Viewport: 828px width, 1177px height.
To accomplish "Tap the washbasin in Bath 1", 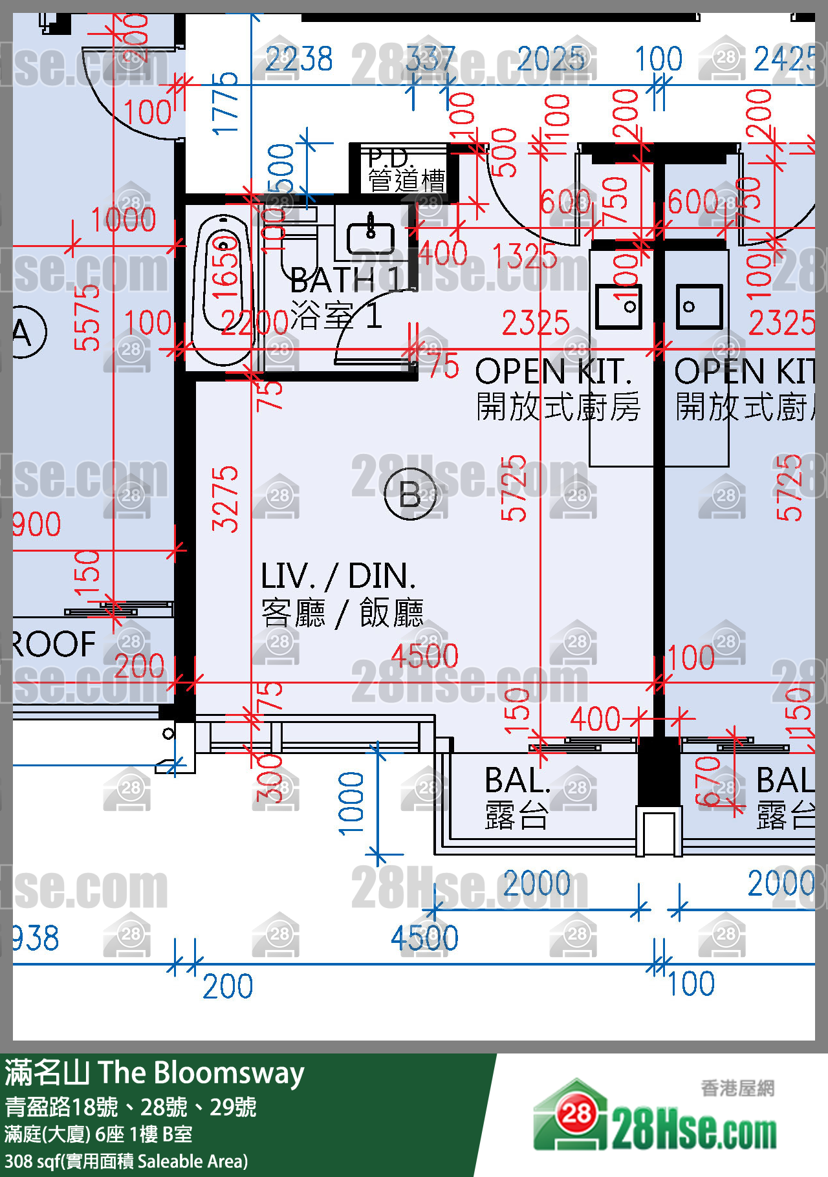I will (371, 237).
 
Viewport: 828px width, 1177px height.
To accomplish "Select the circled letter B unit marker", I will (410, 495).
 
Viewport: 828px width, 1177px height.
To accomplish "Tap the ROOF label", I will (54, 644).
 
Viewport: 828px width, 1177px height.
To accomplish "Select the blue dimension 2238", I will (299, 59).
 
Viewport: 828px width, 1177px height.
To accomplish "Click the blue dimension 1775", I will (225, 103).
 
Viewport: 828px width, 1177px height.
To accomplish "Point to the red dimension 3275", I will (225, 498).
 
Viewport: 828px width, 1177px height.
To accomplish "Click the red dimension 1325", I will (525, 257).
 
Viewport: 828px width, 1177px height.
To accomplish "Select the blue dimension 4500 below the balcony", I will (424, 938).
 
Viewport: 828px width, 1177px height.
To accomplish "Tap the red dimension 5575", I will (87, 317).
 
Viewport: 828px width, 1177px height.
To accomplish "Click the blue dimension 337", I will (431, 59).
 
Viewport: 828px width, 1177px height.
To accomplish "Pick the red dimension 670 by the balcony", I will (708, 781).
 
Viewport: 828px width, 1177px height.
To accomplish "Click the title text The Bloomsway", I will (201, 1073).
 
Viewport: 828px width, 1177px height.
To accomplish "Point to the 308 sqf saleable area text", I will (126, 1161).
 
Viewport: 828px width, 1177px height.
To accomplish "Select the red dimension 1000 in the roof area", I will (124, 220).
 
